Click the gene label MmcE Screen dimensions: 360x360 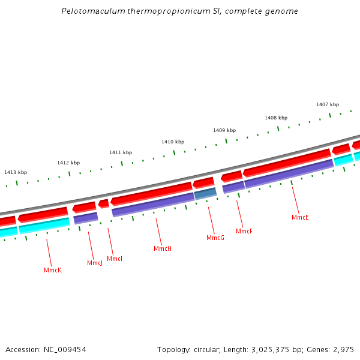300,217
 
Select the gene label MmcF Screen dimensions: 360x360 244,232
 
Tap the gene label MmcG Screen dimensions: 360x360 215,238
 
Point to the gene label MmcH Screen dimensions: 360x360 163,249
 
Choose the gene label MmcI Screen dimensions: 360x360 115,259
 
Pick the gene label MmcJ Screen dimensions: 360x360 95,263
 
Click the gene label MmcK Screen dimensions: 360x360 53,271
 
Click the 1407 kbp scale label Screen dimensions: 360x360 328,105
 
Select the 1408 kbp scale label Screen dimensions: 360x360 276,118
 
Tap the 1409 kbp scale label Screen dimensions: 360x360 224,130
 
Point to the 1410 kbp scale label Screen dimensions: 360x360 172,142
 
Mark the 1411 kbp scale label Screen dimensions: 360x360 121,153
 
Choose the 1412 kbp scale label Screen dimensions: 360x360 68,163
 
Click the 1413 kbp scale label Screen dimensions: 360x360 16,173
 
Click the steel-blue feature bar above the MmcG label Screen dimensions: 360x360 205,193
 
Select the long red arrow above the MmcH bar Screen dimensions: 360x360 151,193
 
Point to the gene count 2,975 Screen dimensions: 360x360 342,349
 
